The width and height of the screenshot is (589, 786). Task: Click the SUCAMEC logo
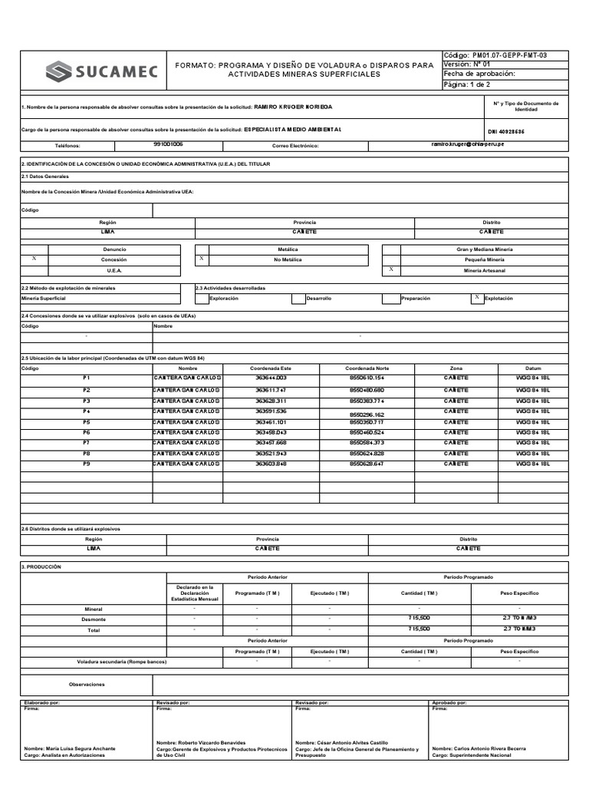coord(101,72)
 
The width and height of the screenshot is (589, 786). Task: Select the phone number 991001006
coord(168,144)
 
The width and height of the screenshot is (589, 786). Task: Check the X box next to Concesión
coord(34,259)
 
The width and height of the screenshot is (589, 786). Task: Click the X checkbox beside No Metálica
coord(201,259)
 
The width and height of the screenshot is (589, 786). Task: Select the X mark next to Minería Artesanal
coord(391,270)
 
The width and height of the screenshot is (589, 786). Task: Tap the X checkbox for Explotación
coord(476,297)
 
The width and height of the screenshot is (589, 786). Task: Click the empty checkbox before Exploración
coord(202,298)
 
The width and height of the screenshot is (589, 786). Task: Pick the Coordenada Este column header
coord(271,368)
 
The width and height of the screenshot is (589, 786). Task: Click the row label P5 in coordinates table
coord(87,422)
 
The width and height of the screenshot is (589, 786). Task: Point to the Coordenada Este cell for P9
coord(271,464)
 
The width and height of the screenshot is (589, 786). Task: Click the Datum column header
coord(533,368)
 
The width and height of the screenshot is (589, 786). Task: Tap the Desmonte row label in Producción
coord(94,619)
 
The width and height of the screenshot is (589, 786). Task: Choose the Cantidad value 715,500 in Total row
coord(420,629)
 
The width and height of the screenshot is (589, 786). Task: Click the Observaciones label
coord(86,684)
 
